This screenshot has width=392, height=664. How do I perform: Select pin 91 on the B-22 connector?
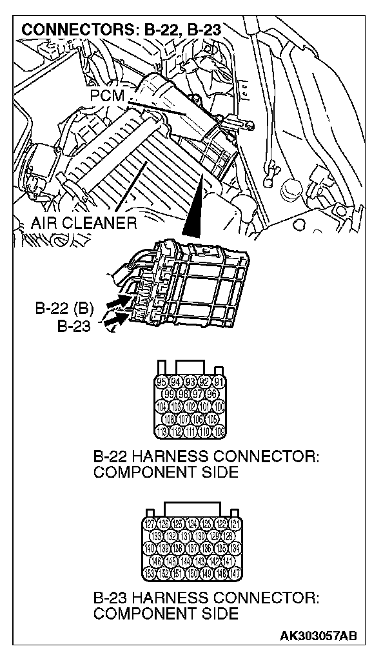pyautogui.click(x=218, y=381)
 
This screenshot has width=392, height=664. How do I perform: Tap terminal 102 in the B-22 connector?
pyautogui.click(x=190, y=407)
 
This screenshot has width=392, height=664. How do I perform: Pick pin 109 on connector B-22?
pyautogui.click(x=218, y=431)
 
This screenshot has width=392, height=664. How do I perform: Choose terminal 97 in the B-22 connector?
pyautogui.click(x=197, y=393)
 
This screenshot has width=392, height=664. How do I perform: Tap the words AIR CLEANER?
pyautogui.click(x=84, y=223)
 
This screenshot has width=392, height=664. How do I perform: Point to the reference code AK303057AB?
pyautogui.click(x=318, y=637)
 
